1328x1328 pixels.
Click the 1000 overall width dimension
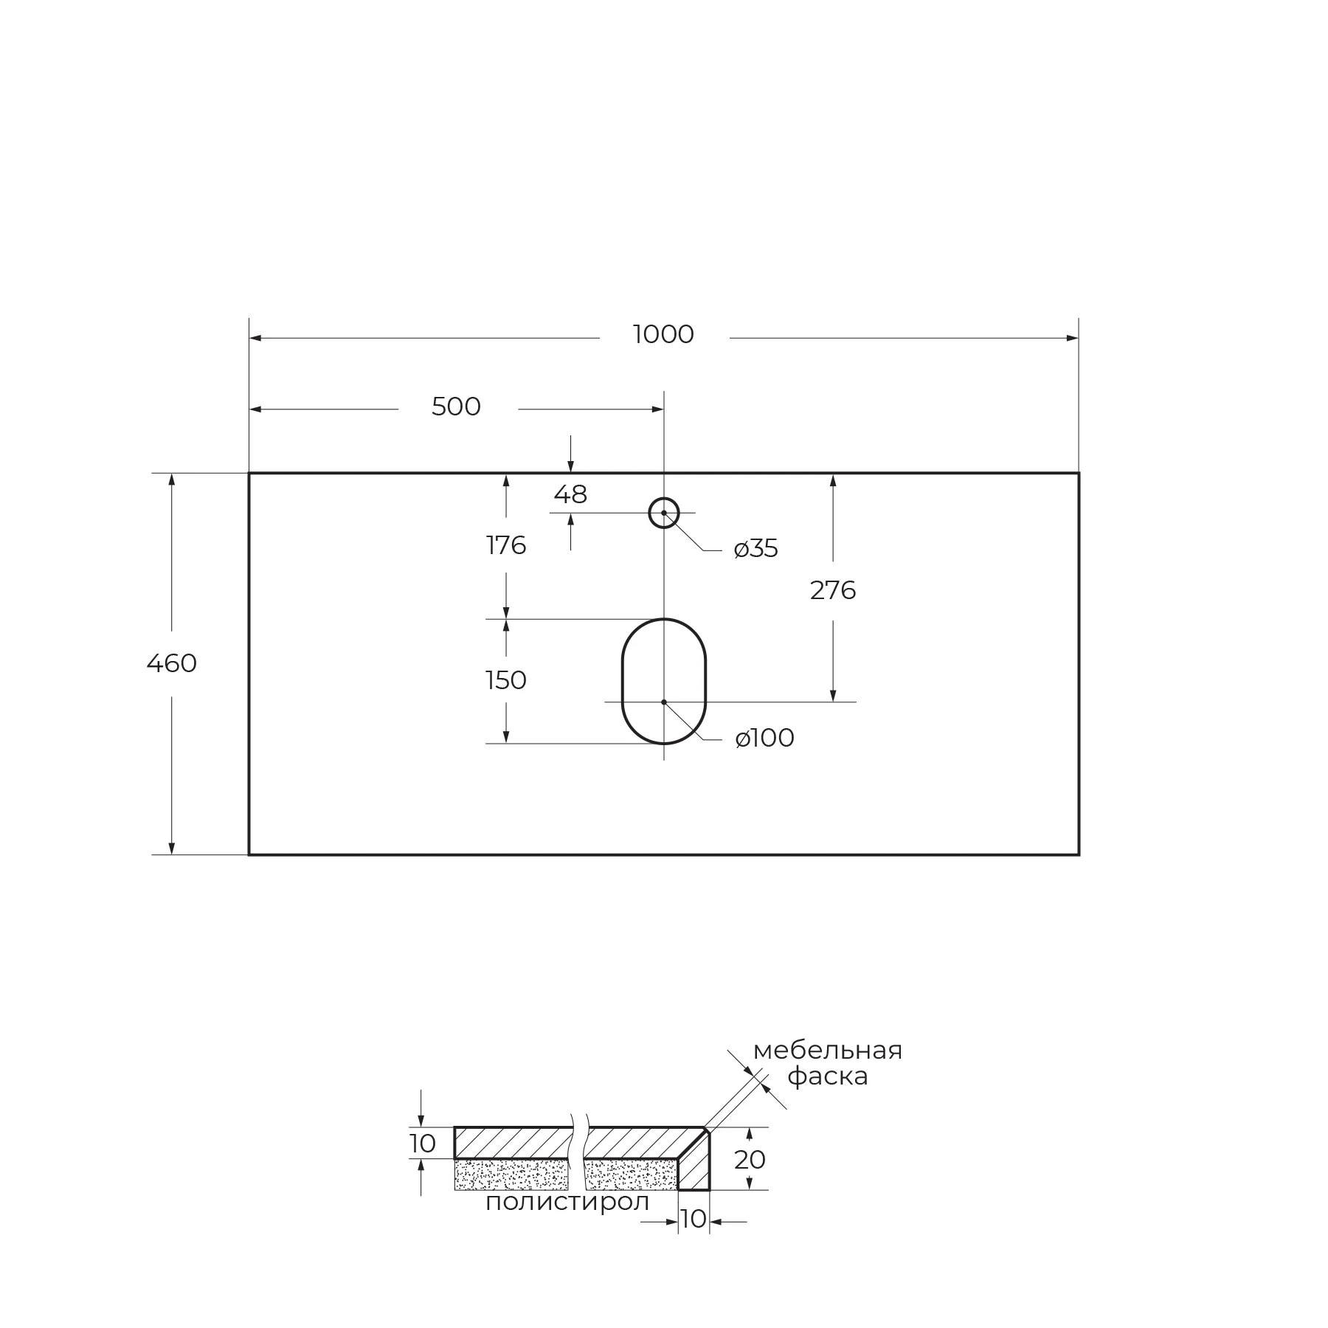click(663, 335)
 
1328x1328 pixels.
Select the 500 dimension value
click(456, 407)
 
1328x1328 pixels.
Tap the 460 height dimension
click(172, 663)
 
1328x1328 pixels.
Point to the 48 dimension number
click(570, 494)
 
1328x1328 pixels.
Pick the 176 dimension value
click(506, 545)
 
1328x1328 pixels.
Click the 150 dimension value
click(506, 679)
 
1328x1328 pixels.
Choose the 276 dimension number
click(833, 590)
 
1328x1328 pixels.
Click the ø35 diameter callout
click(756, 549)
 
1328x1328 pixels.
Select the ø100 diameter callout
click(765, 738)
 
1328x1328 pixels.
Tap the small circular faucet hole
click(664, 513)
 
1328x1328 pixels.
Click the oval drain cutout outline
click(623, 680)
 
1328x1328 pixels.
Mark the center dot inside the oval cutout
click(664, 702)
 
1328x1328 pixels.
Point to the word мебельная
click(828, 1051)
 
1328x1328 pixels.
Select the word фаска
click(828, 1076)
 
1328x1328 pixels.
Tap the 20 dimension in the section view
click(750, 1160)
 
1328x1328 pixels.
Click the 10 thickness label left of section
click(423, 1144)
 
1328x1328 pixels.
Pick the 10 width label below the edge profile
click(694, 1219)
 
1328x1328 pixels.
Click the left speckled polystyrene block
click(511, 1175)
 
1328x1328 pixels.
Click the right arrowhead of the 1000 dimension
click(1073, 338)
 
